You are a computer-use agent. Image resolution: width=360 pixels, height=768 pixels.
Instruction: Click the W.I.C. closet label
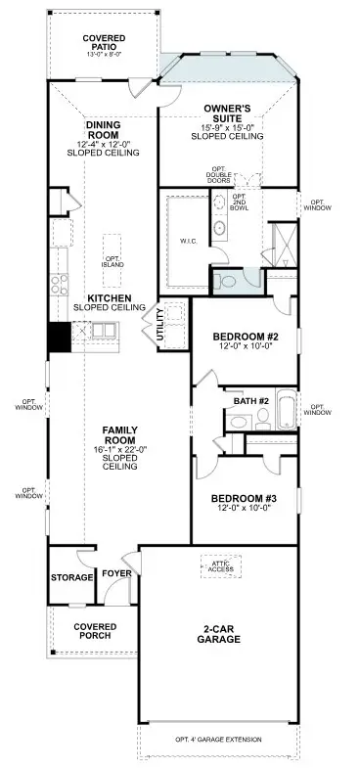(x=189, y=240)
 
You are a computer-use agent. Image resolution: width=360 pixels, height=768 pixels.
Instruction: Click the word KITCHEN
(x=110, y=297)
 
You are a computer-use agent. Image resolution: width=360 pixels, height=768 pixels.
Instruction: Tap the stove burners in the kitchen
(x=60, y=284)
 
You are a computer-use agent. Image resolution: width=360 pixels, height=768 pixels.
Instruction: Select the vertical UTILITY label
(x=158, y=326)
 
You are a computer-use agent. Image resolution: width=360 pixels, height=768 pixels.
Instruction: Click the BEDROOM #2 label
(x=245, y=339)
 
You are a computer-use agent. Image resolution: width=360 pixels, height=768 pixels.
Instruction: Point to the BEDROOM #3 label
(x=245, y=498)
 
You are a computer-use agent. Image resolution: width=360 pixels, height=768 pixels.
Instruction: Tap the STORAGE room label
(x=71, y=577)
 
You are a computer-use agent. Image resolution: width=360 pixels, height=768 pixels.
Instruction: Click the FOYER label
(x=116, y=573)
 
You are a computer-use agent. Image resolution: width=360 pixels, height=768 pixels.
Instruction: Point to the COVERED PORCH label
(x=95, y=631)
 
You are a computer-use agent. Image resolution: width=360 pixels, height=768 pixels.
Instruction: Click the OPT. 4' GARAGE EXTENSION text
(x=218, y=740)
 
